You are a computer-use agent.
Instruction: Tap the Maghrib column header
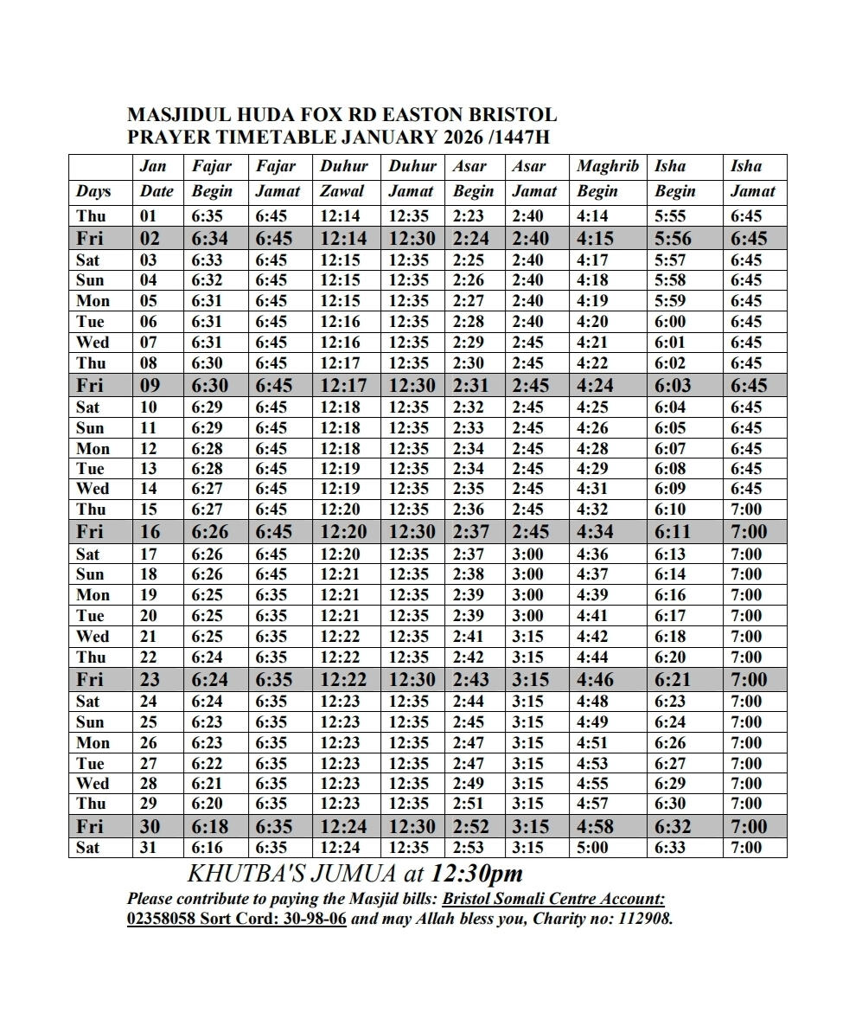[x=608, y=166]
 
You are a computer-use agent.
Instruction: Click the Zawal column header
[x=342, y=191]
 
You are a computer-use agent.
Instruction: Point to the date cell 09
[x=150, y=386]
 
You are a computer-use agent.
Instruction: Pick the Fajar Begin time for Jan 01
[x=208, y=216]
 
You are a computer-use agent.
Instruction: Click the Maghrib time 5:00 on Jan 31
[x=592, y=848]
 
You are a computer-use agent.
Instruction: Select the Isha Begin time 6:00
[x=672, y=322]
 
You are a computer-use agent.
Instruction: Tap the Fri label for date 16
[x=91, y=532]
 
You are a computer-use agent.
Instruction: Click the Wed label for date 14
[x=93, y=489]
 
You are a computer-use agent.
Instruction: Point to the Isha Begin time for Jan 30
[x=673, y=826]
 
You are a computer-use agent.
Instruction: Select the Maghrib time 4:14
[x=592, y=216]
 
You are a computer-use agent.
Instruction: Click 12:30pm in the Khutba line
[x=477, y=873]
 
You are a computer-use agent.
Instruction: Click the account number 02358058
[x=161, y=919]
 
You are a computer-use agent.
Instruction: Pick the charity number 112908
[x=644, y=919]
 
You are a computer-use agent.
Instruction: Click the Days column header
[x=93, y=191]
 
